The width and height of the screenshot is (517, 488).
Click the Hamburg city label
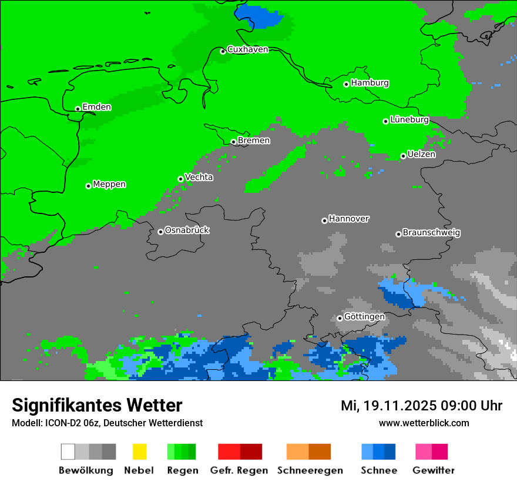click(x=370, y=83)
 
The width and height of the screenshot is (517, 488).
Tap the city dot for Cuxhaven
click(x=223, y=51)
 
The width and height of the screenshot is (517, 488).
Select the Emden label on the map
click(x=96, y=107)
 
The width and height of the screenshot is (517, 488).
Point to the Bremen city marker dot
click(x=233, y=142)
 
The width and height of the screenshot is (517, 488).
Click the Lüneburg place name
click(x=409, y=119)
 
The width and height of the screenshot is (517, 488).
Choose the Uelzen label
click(x=421, y=154)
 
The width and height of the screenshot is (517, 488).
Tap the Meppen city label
click(x=109, y=184)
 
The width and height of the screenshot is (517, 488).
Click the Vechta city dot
click(x=180, y=179)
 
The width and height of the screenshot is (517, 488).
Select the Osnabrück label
click(x=187, y=230)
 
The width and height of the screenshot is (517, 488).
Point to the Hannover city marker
click(x=324, y=220)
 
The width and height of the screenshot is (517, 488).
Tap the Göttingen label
click(x=364, y=316)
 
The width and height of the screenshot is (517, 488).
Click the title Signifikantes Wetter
click(x=97, y=405)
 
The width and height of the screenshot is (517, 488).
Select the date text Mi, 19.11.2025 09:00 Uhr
click(x=421, y=406)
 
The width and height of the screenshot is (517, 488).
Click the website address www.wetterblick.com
click(x=424, y=423)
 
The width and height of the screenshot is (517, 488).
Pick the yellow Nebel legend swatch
click(x=139, y=452)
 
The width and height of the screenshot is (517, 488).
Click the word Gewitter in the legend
click(x=433, y=470)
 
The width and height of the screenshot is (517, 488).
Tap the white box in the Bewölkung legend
click(x=68, y=452)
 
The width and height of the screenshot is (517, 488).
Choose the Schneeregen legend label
click(x=310, y=470)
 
